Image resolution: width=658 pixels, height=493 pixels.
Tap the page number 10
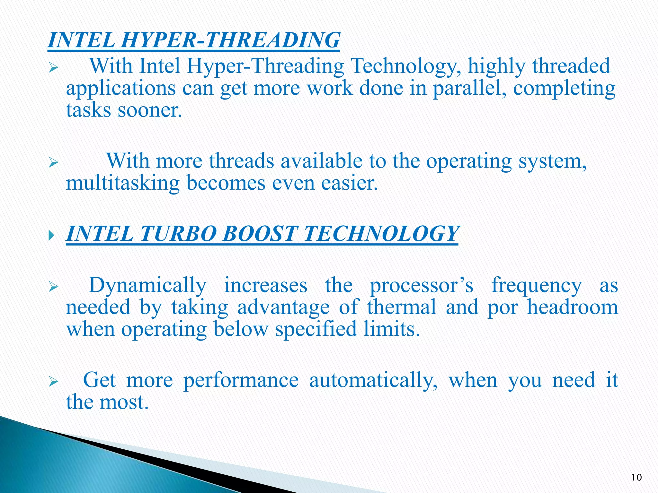pos(636,478)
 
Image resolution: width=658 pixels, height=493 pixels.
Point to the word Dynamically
pos(147,285)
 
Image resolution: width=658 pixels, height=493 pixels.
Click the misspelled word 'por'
pos(503,307)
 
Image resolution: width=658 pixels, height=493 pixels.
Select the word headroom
pos(573,307)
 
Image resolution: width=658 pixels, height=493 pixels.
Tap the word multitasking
pos(123,183)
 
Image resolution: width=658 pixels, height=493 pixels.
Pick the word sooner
pos(150,110)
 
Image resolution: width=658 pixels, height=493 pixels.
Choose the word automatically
pos(373,380)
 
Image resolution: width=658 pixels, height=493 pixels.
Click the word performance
pos(241,380)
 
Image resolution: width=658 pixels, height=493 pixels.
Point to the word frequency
pos(536,285)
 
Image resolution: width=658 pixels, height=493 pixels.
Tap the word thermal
pos(402,307)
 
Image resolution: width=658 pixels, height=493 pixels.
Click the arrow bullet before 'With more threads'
pos(53,163)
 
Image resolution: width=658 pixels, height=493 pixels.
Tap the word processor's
pos(422,285)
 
